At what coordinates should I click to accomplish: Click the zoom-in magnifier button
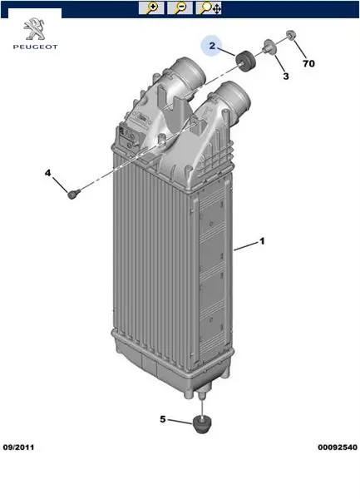[151, 8]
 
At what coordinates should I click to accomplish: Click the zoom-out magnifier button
[180, 8]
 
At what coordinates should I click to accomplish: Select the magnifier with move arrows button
[209, 8]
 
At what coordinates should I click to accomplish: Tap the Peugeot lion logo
[35, 29]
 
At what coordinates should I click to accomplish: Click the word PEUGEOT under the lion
[35, 47]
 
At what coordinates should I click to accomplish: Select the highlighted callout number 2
[212, 46]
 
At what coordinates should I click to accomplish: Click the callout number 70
[308, 64]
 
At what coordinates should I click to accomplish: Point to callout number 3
[286, 77]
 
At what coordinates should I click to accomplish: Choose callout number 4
[47, 173]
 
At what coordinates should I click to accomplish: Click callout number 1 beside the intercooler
[262, 241]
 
